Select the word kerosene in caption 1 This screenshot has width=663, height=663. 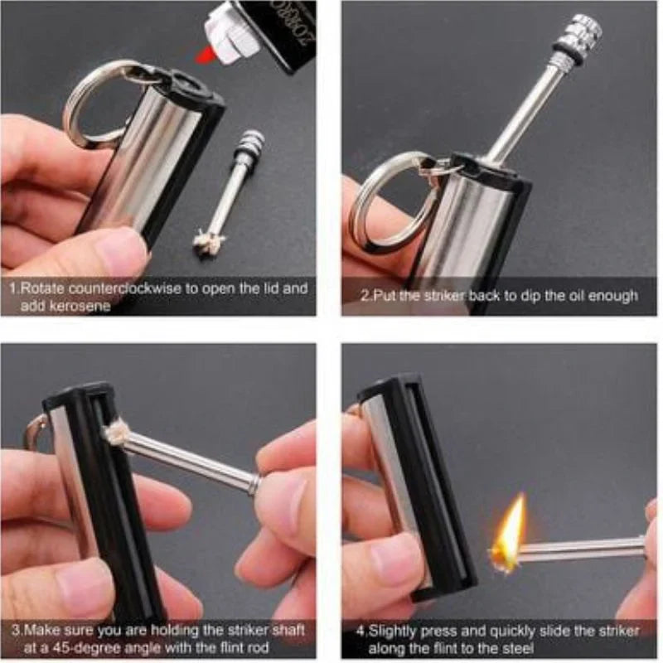pos(79,306)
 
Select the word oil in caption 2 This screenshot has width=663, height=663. pos(584,296)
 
